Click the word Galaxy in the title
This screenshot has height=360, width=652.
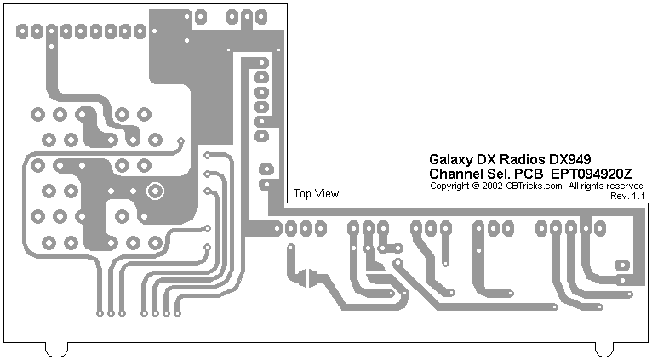point(449,160)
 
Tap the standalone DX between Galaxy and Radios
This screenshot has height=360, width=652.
point(486,160)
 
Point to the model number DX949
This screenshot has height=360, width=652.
point(570,160)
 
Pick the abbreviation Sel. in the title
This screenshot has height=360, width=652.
point(498,174)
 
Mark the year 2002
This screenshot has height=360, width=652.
point(491,186)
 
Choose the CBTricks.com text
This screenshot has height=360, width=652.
point(534,186)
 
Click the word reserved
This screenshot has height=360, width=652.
point(624,186)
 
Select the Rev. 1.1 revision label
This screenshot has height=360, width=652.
point(628,196)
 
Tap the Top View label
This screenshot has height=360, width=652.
point(316,194)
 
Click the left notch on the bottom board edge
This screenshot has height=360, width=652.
point(56,349)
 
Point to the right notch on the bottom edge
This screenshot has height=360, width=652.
point(603,349)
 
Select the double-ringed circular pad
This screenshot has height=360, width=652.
point(155,191)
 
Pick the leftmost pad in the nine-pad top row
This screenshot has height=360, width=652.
point(20,31)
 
